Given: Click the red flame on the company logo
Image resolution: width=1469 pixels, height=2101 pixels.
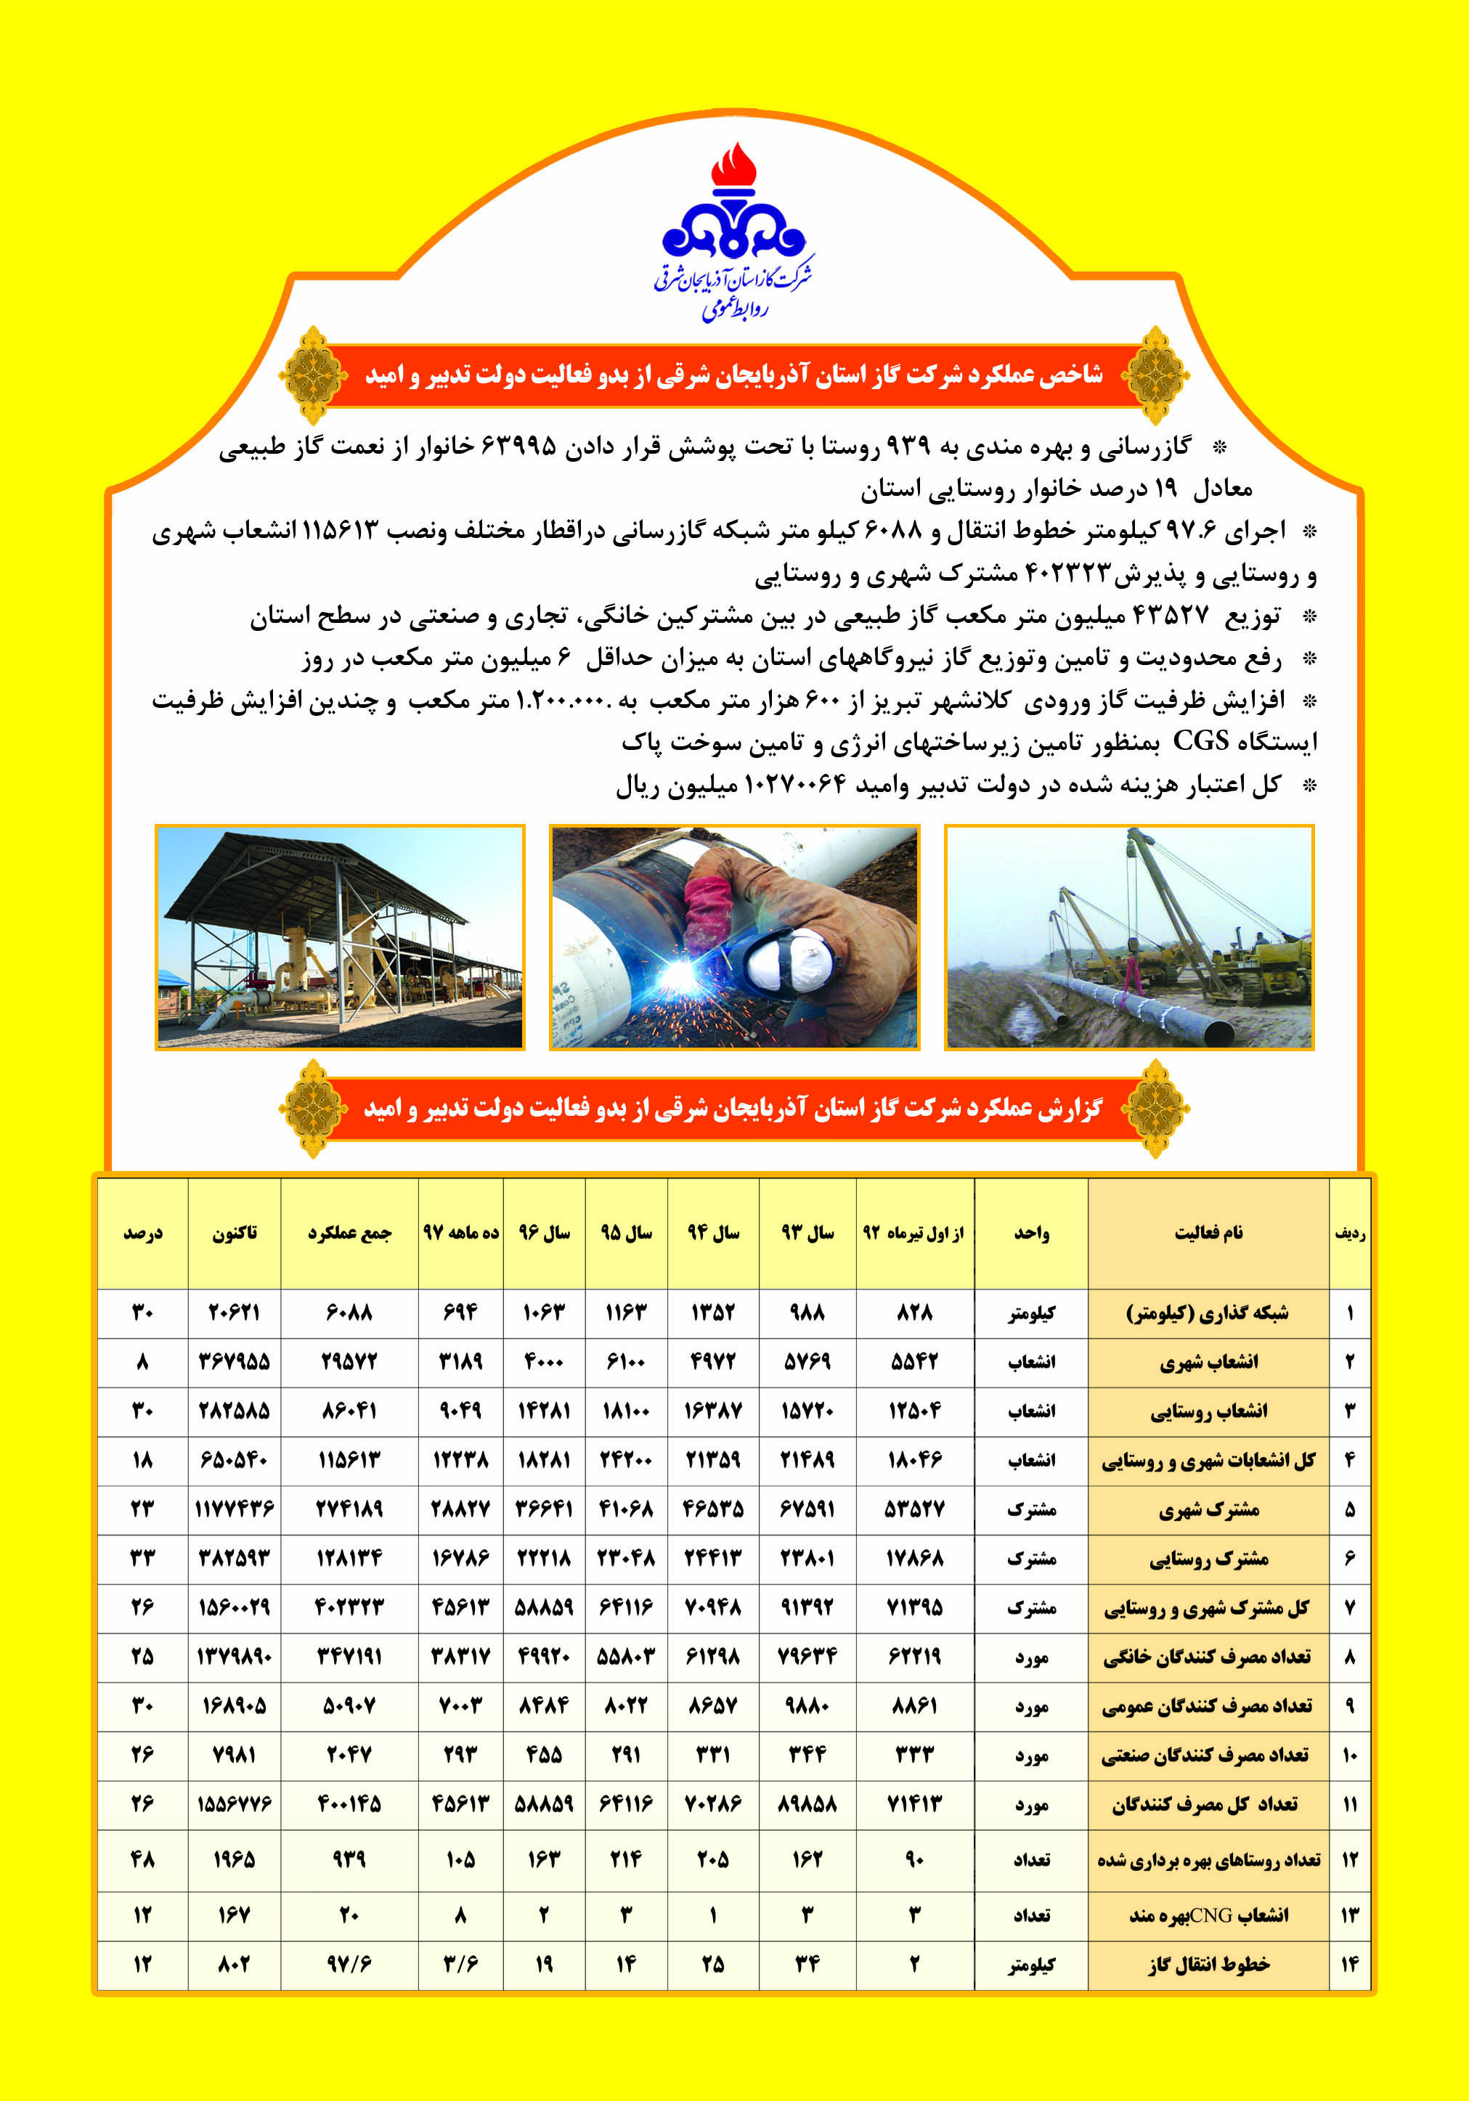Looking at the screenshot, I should click(x=733, y=168).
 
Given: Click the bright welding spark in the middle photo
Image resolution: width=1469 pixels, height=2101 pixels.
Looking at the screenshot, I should click(x=677, y=979).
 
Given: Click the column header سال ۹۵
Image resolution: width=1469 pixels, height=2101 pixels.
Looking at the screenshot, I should click(x=626, y=1233).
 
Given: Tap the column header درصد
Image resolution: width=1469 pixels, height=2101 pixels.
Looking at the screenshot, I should click(x=143, y=1233).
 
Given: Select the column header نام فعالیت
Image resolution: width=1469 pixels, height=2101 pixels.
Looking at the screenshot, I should click(x=1208, y=1233).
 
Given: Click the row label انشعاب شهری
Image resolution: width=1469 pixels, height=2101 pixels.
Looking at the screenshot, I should click(x=1208, y=1363).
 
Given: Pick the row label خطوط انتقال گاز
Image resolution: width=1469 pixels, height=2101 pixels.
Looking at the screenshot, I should click(x=1208, y=1965).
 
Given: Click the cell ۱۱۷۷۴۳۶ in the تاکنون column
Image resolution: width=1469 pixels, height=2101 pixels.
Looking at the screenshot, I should click(x=235, y=1509).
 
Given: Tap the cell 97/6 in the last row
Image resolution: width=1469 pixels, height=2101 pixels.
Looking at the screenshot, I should click(x=349, y=1965).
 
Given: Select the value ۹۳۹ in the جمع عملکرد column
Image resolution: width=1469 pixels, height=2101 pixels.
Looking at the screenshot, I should click(x=349, y=1859).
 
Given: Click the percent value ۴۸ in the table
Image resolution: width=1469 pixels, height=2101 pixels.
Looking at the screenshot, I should click(x=143, y=1859).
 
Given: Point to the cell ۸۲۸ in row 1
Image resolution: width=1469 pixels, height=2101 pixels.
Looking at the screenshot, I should click(x=914, y=1313).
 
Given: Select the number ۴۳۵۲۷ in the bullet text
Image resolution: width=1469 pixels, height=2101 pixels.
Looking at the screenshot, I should click(x=1171, y=615).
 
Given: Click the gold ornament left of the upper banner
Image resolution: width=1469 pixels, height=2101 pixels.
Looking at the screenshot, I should click(x=313, y=375).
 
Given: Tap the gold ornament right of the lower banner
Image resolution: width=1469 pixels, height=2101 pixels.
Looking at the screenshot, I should click(x=1156, y=1108).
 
